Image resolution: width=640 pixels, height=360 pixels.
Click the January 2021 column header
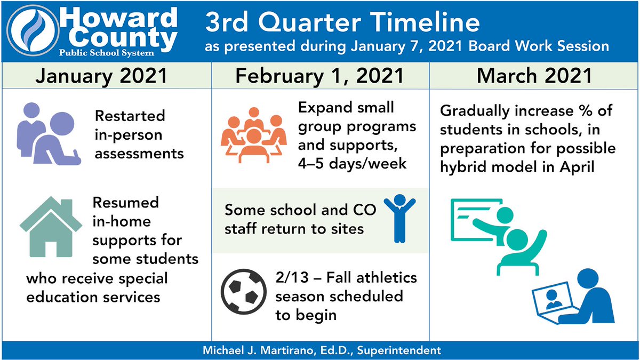[101, 75]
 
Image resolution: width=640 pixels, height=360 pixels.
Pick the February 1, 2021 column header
[320, 75]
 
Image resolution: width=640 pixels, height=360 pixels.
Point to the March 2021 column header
[534, 75]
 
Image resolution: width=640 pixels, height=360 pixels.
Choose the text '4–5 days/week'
[352, 163]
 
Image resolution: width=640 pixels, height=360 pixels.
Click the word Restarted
[130, 116]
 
